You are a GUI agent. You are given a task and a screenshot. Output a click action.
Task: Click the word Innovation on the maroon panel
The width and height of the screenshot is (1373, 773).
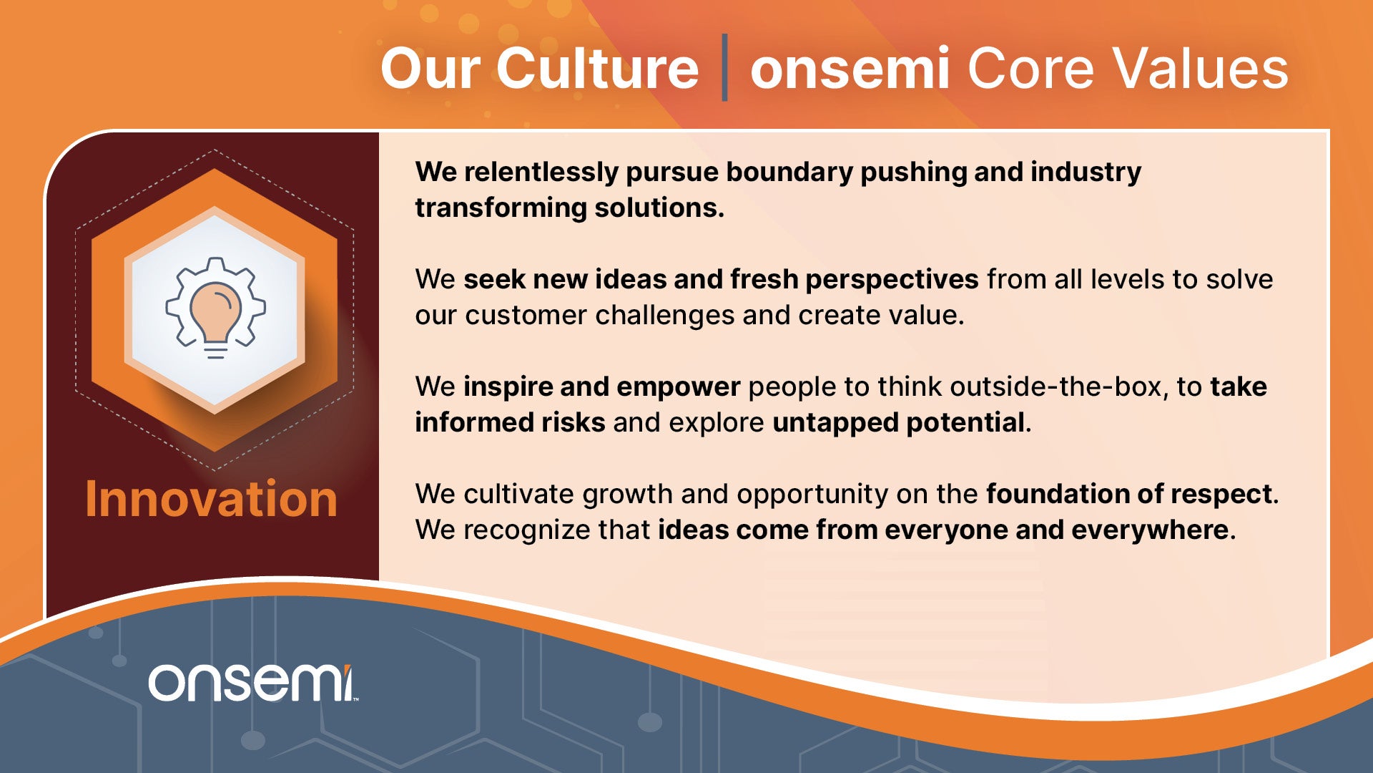[211, 499]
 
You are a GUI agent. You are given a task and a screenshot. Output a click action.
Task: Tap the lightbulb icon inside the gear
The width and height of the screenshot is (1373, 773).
[215, 319]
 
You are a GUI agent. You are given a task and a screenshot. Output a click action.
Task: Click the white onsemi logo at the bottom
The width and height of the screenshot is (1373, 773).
[252, 683]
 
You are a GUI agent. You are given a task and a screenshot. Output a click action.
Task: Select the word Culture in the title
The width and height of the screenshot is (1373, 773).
[597, 69]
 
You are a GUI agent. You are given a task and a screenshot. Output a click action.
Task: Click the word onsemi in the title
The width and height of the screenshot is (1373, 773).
[850, 69]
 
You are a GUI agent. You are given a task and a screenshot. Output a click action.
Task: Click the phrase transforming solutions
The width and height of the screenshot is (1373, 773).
[569, 208]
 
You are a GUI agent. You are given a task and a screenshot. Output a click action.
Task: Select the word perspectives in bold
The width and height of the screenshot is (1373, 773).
[892, 280]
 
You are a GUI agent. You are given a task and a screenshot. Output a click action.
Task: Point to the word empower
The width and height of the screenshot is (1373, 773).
[678, 387]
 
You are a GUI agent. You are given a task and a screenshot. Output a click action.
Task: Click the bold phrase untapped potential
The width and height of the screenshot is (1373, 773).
[899, 423]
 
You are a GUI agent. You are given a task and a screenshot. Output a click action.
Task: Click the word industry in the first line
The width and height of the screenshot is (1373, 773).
[1086, 172]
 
